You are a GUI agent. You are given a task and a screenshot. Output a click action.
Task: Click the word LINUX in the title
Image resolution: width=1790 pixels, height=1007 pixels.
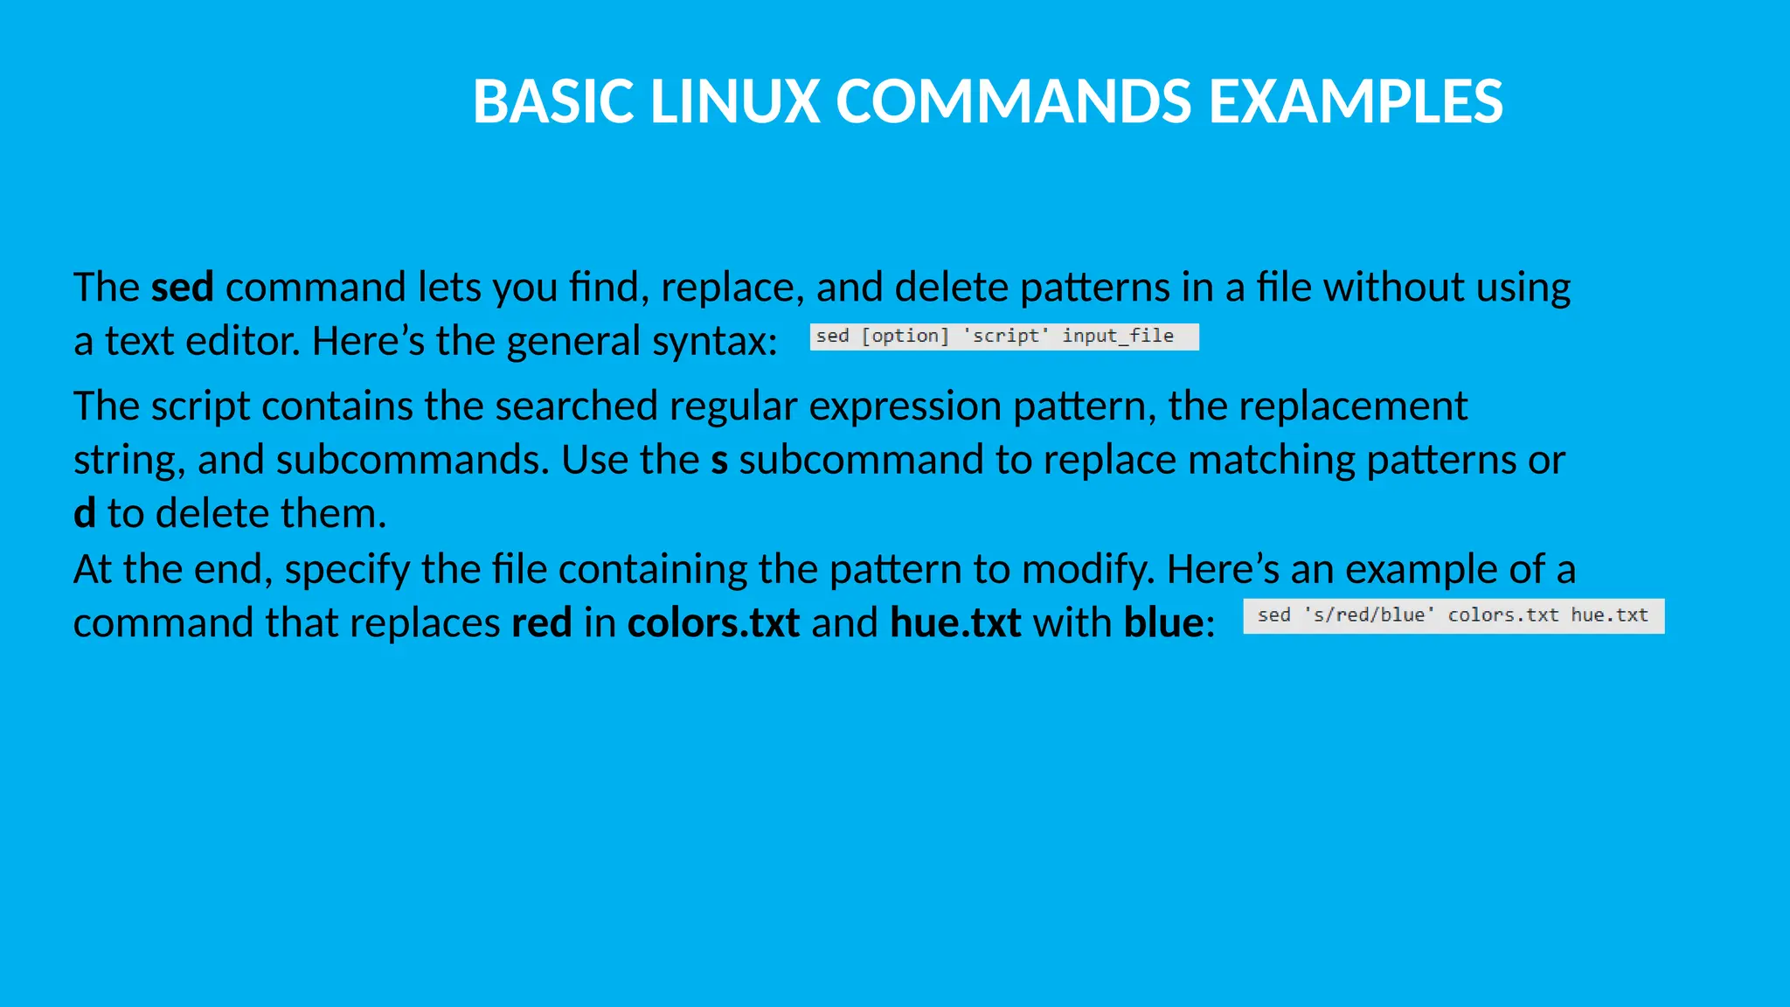point(734,101)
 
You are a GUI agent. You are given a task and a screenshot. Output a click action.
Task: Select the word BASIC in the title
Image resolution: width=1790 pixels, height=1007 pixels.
point(552,101)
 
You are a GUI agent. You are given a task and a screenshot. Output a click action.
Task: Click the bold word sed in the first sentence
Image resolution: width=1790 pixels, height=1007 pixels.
point(182,287)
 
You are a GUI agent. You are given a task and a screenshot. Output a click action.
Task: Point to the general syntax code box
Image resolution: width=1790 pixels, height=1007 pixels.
point(1003,337)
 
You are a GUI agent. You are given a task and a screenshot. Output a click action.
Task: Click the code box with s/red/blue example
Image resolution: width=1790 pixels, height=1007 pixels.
point(1453,615)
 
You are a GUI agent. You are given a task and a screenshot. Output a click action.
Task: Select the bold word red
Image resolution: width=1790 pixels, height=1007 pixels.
point(541,623)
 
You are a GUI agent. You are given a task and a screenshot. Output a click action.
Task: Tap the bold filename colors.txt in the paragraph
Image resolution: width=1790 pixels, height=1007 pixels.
point(713,623)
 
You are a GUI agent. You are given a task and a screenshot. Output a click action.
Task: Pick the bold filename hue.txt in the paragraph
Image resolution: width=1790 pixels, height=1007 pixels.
point(955,623)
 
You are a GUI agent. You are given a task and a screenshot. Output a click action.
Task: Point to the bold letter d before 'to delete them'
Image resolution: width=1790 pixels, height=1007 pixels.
point(84,513)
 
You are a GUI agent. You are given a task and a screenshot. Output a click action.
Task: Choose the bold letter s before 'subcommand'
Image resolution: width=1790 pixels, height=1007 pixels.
point(719,461)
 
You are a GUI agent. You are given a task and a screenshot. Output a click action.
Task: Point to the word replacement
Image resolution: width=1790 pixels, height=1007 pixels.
point(1317,406)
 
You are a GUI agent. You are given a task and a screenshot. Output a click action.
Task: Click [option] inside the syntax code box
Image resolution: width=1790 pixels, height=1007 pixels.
point(905,337)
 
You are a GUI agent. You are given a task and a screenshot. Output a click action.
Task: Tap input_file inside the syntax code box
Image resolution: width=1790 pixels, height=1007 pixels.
point(1117,337)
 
